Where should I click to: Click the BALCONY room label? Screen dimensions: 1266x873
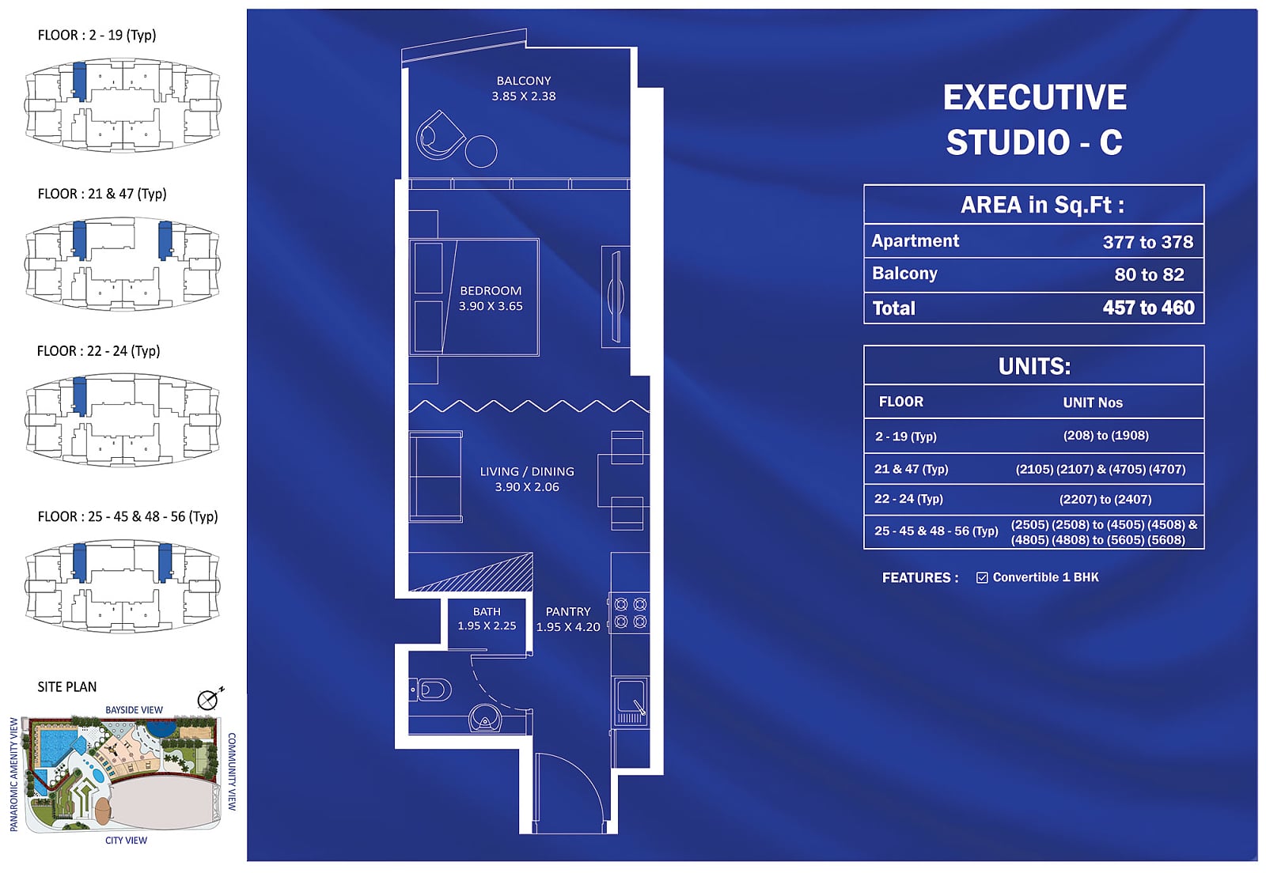click(524, 81)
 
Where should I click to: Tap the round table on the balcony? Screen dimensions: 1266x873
click(481, 151)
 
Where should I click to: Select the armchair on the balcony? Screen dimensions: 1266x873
click(439, 136)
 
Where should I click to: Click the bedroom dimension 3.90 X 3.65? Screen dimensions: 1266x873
click(491, 306)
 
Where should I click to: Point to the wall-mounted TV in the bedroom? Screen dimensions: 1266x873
click(616, 297)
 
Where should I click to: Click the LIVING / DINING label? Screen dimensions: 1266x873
click(527, 471)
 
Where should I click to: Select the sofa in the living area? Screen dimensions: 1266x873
click(436, 477)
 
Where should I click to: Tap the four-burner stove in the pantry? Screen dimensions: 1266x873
click(630, 614)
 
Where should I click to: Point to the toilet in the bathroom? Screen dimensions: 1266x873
click(430, 690)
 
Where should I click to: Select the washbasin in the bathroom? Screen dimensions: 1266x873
click(485, 719)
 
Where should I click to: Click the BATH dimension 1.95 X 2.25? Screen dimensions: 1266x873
click(487, 625)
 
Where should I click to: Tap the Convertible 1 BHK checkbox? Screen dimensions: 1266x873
click(982, 578)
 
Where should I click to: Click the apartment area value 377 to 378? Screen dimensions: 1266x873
click(1148, 242)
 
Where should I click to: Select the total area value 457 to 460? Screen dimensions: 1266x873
click(1148, 308)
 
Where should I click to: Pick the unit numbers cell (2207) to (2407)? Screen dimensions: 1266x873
click(1105, 499)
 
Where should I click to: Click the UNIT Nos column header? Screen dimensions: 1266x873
click(1093, 402)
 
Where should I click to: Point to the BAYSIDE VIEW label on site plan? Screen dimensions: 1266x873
click(134, 710)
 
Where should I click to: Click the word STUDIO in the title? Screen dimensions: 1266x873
click(1008, 142)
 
